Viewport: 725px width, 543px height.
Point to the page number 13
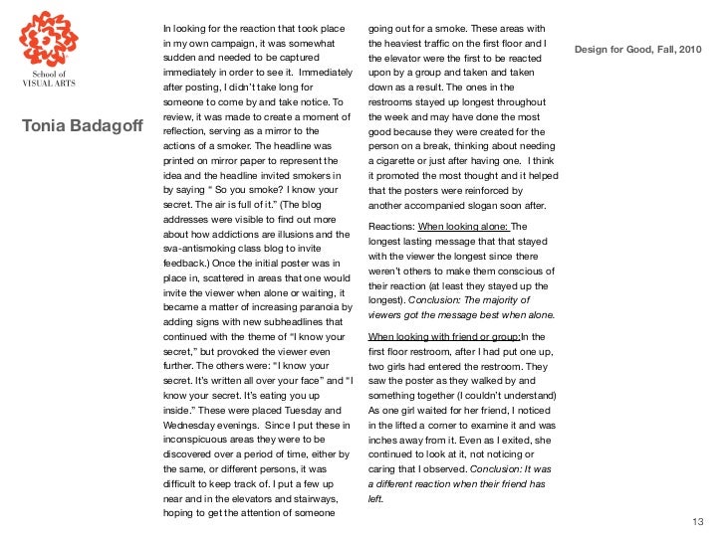(697, 521)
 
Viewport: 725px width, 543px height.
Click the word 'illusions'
(292, 233)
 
